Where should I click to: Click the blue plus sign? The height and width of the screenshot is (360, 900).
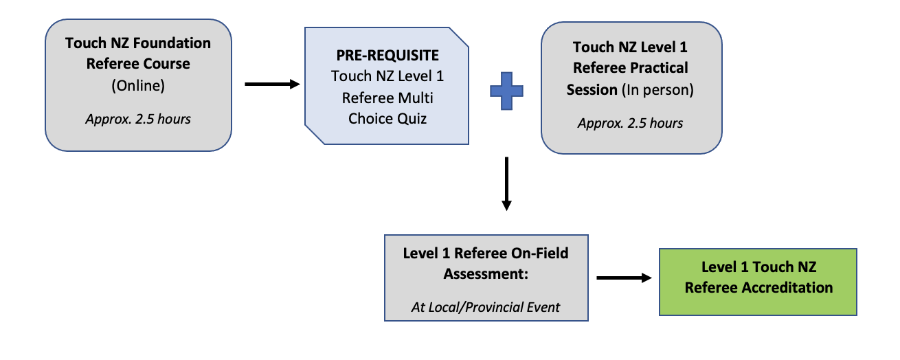506,91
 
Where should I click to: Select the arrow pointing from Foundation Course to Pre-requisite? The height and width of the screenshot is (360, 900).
272,85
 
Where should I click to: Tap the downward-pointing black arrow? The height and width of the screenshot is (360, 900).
506,183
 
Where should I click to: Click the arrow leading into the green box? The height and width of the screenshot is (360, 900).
623,278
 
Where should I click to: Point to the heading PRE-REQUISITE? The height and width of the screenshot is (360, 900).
387,54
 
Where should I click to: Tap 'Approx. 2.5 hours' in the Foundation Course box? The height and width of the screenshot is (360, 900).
138,119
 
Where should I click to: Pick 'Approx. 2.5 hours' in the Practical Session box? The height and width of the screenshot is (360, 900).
631,124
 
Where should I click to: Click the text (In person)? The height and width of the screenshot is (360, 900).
657,89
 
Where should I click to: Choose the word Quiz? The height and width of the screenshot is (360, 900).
410,118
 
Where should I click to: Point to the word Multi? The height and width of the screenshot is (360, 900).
416,98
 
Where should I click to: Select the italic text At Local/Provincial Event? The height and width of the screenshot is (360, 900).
485,307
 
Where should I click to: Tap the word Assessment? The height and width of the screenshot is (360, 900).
485,273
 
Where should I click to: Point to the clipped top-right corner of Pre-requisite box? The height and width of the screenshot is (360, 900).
460,36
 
